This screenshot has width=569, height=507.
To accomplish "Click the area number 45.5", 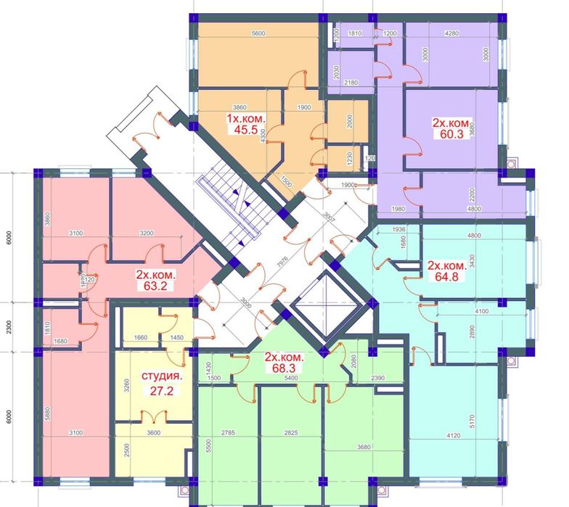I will [242, 131].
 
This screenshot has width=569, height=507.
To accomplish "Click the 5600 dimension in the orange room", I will [260, 33].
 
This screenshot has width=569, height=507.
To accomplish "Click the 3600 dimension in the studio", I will [153, 433].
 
